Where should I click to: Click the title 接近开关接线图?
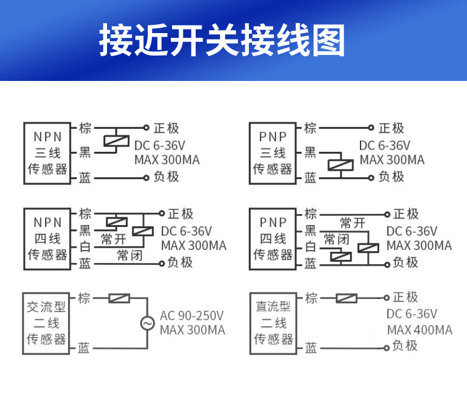pyautogui.click(x=222, y=40)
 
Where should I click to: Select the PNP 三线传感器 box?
pyautogui.click(x=273, y=152)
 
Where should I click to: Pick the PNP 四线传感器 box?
pyautogui.click(x=273, y=238)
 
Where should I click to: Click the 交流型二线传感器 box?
pyautogui.click(x=46, y=323)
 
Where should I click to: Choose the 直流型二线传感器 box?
pyautogui.click(x=273, y=323)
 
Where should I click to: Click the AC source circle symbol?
pyautogui.click(x=147, y=323)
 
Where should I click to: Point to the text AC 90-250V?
pyautogui.click(x=192, y=316)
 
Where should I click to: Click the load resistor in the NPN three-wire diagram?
pyautogui.click(x=116, y=142)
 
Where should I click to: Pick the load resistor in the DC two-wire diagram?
pyautogui.click(x=346, y=298)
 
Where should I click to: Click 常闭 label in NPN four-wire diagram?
pyautogui.click(x=130, y=255)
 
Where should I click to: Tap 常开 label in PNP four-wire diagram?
pyautogui.click(x=352, y=223)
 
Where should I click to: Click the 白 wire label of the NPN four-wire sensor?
pyautogui.click(x=85, y=246)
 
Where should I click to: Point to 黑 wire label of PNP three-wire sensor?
pyautogui.click(x=310, y=153)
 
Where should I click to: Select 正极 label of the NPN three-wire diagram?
pyautogui.click(x=166, y=128)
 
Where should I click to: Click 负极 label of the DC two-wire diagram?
pyautogui.click(x=405, y=346)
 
